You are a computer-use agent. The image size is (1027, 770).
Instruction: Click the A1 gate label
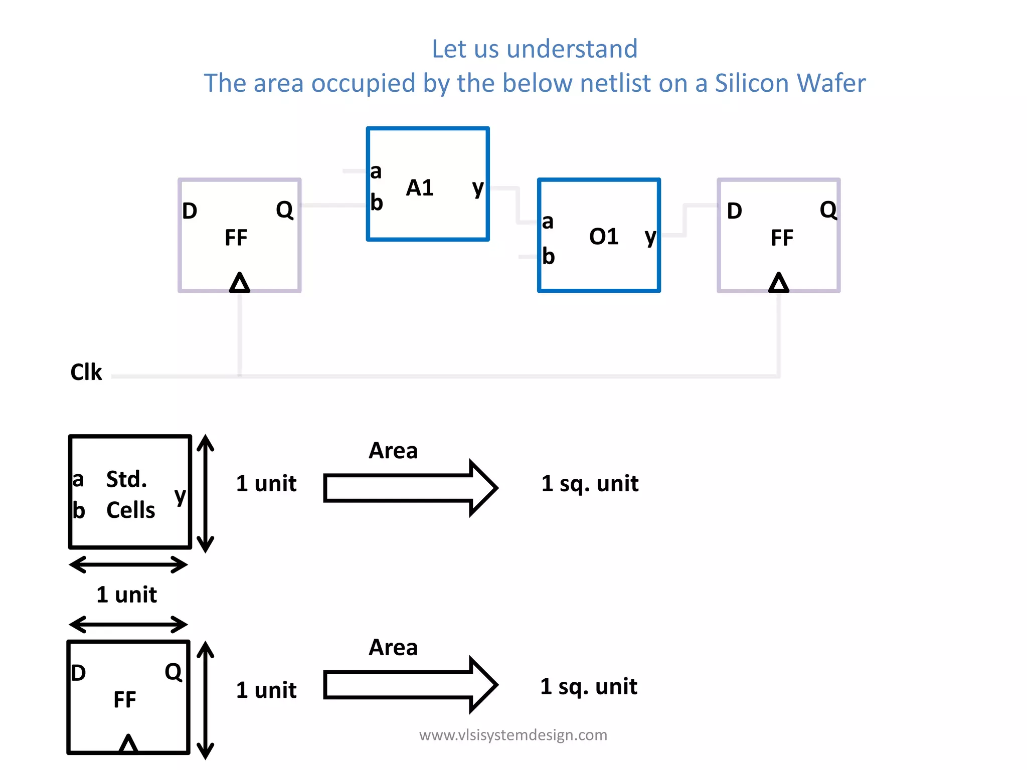pyautogui.click(x=420, y=188)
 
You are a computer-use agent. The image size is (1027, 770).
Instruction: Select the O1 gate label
pyautogui.click(x=604, y=237)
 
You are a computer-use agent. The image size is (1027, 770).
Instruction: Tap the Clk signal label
pyautogui.click(x=86, y=372)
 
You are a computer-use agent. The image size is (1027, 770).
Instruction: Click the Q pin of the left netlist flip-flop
pyautogui.click(x=284, y=210)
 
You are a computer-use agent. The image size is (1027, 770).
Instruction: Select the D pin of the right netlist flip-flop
pyautogui.click(x=734, y=211)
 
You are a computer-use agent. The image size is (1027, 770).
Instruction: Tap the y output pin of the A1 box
pyautogui.click(x=478, y=188)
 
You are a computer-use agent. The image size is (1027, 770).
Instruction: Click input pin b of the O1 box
pyautogui.click(x=548, y=257)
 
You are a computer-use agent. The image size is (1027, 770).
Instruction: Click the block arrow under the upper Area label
pyautogui.click(x=410, y=487)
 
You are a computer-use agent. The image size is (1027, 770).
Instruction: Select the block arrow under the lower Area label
pyautogui.click(x=410, y=684)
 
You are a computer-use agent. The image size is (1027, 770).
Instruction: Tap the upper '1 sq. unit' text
pyautogui.click(x=590, y=484)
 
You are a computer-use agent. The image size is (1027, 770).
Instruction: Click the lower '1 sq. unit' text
pyautogui.click(x=589, y=686)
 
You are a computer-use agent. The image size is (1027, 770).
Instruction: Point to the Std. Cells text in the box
pyautogui.click(x=130, y=495)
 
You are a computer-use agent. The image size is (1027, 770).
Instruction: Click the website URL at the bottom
pyautogui.click(x=513, y=735)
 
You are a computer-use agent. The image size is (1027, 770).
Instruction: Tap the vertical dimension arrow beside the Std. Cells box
pyautogui.click(x=205, y=494)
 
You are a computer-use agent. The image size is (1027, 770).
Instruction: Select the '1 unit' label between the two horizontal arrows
pyautogui.click(x=126, y=595)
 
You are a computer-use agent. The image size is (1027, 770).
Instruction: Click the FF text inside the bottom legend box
pyautogui.click(x=124, y=699)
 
